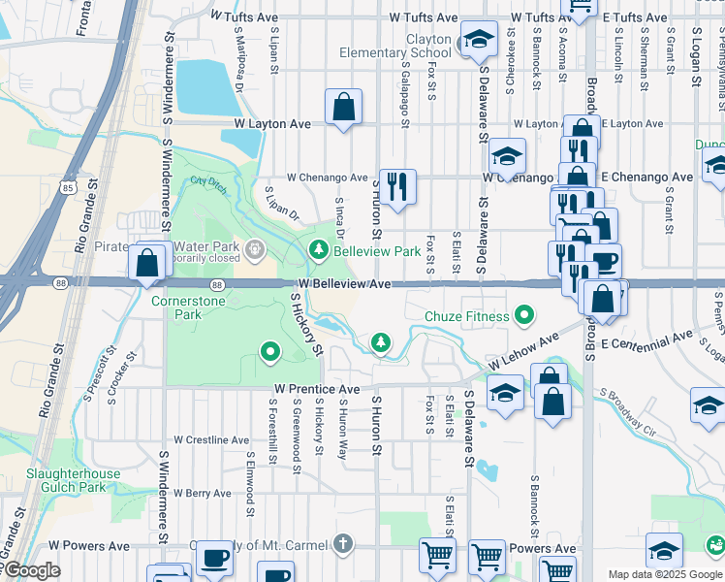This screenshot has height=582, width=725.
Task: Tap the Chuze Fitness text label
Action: [x=467, y=316]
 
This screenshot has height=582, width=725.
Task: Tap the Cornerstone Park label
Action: [x=189, y=308]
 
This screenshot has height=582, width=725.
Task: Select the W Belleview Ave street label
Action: [x=344, y=284]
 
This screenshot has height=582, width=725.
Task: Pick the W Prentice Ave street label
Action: [x=317, y=389]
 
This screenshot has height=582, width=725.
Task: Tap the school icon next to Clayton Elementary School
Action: [x=476, y=41]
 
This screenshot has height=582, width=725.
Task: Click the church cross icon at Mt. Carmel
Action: [x=341, y=543]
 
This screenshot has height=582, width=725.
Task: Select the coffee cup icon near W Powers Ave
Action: [x=214, y=558]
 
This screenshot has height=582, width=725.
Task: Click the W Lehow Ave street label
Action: [x=524, y=351]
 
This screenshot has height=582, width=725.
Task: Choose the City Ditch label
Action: [x=206, y=181]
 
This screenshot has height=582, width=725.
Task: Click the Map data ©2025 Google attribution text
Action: [x=666, y=574]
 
